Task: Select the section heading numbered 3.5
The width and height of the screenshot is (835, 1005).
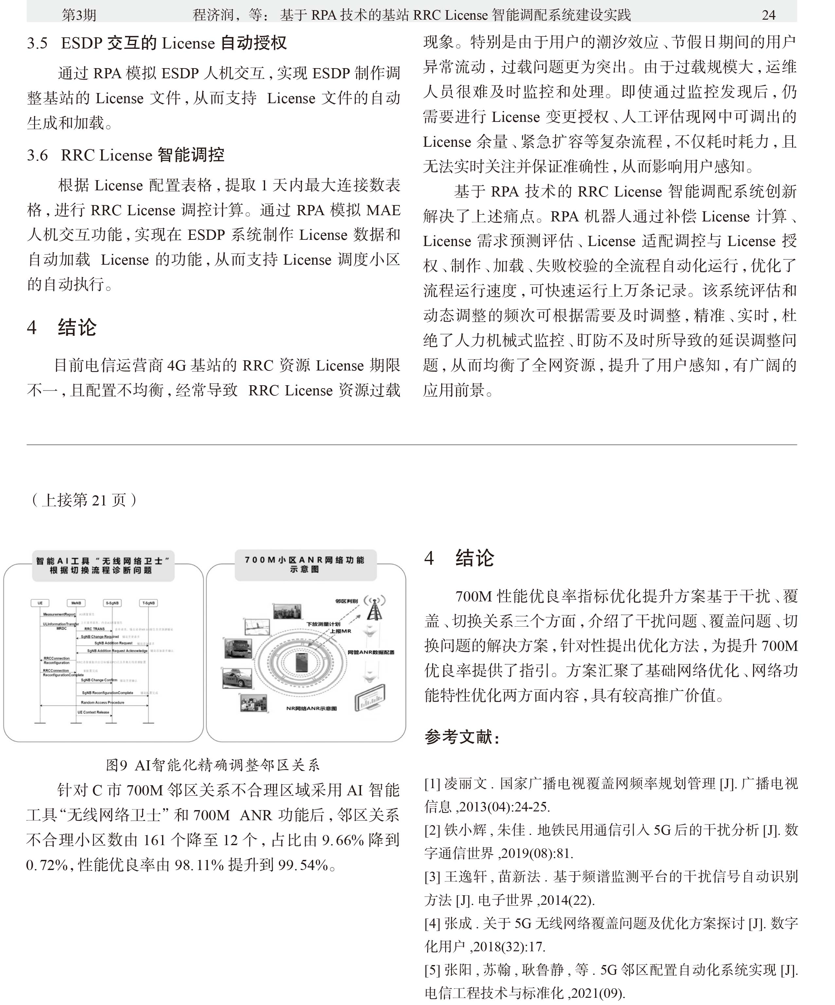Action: pos(156,43)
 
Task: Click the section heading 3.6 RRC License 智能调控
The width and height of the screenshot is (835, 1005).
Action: pos(125,155)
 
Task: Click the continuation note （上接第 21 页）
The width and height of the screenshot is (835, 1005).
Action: pos(84,500)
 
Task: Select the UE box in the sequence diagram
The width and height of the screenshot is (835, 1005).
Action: pos(40,603)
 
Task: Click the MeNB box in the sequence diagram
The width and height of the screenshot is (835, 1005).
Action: pos(76,603)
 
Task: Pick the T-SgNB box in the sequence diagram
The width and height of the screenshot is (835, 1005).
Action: pos(148,603)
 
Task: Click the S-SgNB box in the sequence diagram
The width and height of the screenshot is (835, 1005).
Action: pos(112,603)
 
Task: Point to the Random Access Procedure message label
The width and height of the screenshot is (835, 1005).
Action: pos(102,703)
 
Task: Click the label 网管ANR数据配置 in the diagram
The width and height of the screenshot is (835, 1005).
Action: pos(371,652)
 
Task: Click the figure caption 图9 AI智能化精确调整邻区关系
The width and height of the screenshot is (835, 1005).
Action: pos(212,765)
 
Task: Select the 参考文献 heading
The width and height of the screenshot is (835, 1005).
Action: pos(462,737)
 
